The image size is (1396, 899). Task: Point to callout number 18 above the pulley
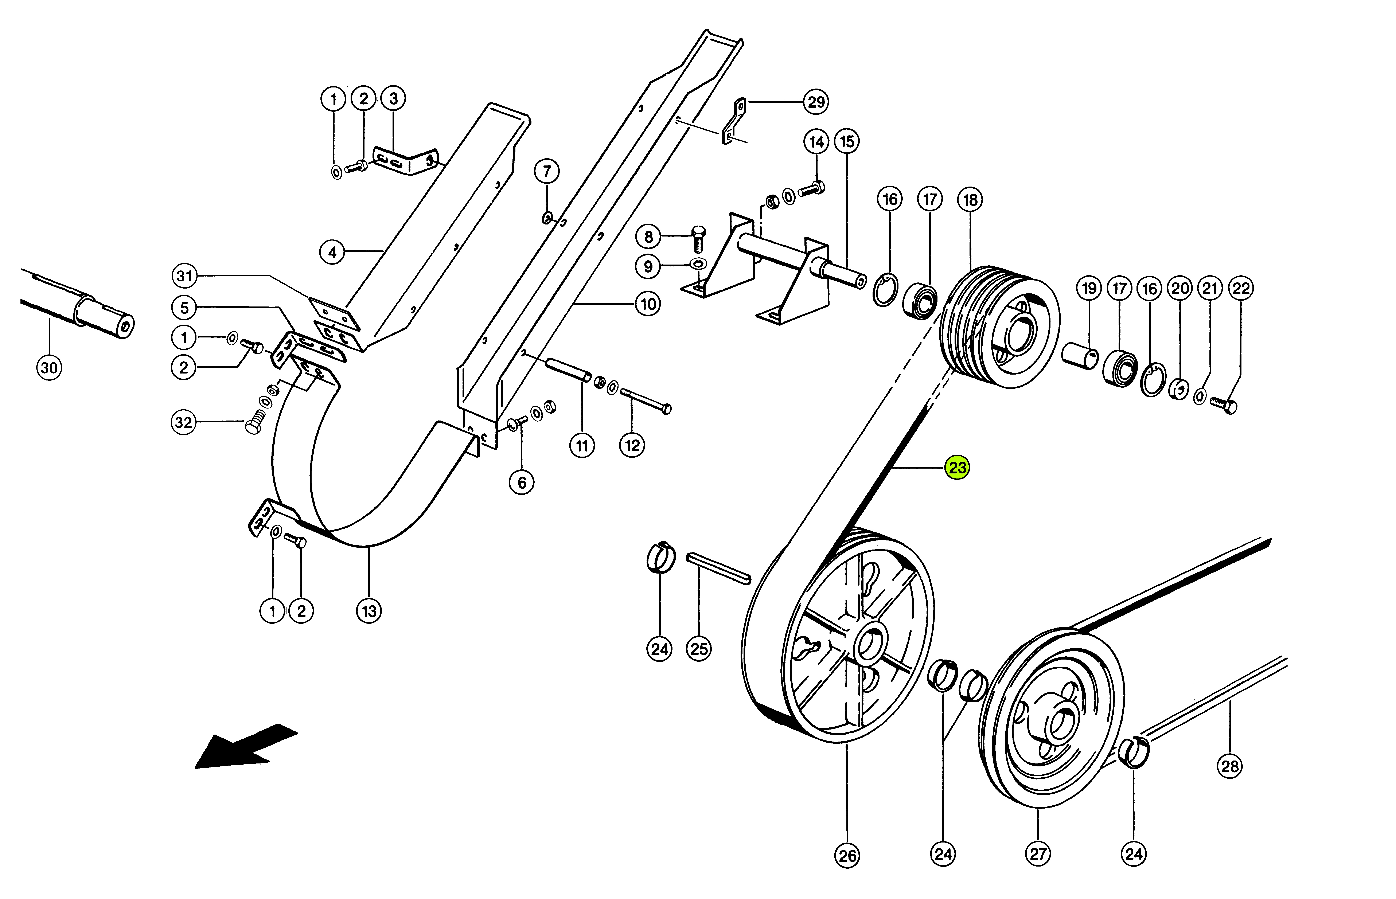point(970,200)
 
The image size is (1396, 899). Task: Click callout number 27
point(1037,854)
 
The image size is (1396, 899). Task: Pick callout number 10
point(648,304)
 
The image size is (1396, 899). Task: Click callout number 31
point(184,275)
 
